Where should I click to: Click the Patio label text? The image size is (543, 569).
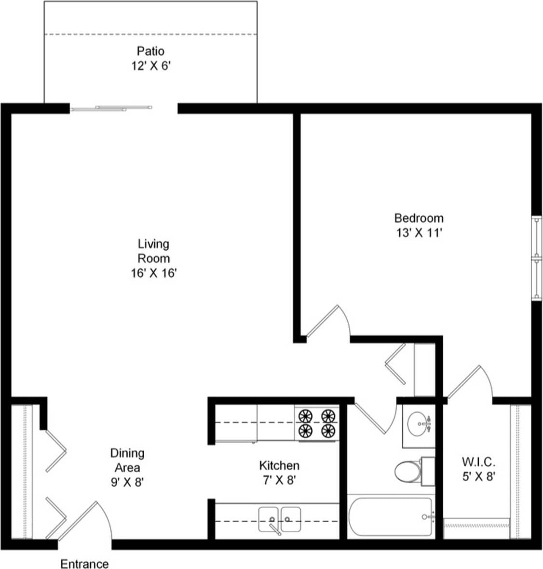[150, 51]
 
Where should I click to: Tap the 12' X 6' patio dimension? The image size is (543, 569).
[150, 66]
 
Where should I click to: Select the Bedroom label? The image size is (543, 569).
[419, 218]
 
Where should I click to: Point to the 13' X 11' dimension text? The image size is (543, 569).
[419, 233]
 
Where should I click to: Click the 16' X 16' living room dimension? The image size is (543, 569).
[153, 273]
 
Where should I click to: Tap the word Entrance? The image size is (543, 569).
[84, 564]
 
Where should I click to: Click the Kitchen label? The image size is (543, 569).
[279, 465]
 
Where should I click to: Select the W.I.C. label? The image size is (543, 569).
[477, 462]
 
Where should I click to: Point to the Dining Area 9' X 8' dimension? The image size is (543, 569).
[127, 482]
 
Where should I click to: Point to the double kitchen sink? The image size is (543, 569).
[279, 519]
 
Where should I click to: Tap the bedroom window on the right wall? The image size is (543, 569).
[536, 258]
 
